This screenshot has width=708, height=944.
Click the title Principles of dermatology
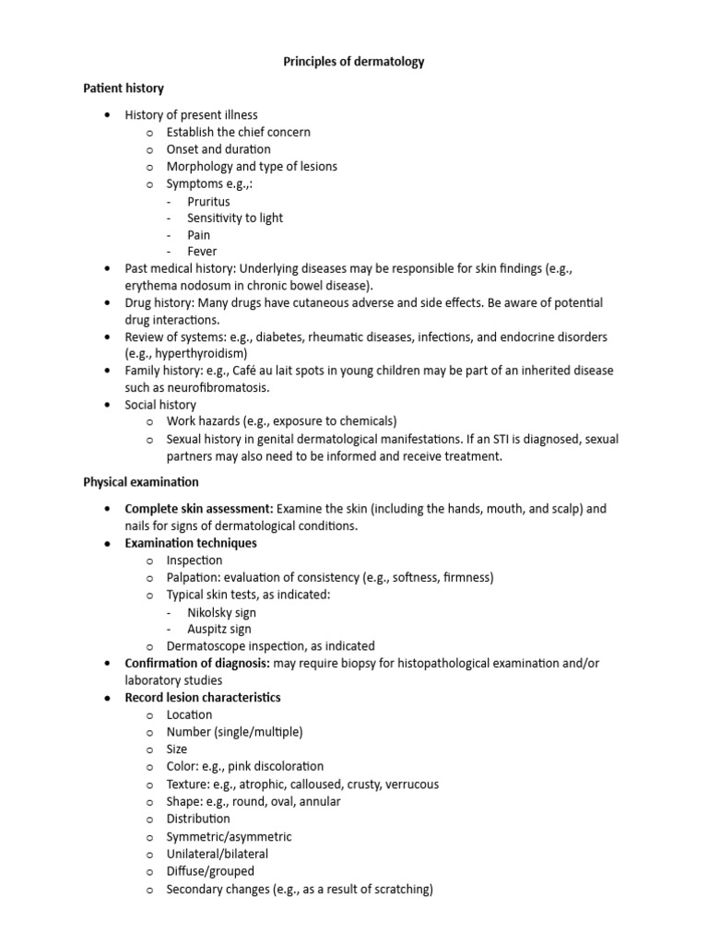(353, 62)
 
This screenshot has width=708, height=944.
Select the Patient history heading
(124, 88)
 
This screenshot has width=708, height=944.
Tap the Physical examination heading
(140, 482)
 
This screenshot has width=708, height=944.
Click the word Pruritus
(208, 201)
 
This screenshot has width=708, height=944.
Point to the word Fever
(202, 252)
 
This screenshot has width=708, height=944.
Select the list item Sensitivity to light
(235, 218)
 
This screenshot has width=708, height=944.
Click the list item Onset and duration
(218, 149)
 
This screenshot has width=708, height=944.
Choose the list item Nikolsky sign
(222, 612)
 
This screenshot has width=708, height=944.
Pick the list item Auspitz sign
(219, 630)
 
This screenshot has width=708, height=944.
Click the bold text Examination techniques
(191, 543)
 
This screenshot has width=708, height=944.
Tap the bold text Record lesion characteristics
(203, 698)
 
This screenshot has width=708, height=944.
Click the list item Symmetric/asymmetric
(229, 836)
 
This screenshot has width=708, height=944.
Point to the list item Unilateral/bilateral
(218, 854)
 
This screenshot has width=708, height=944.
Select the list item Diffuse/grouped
(210, 871)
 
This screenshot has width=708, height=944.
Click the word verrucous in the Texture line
(409, 785)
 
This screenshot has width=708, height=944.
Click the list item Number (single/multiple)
(234, 732)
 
